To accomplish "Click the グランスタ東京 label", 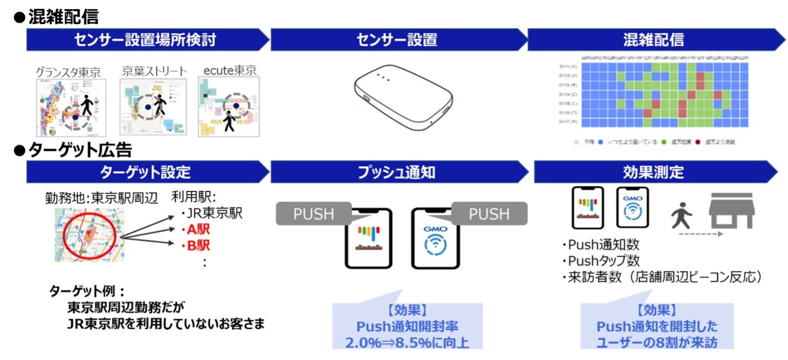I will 68,72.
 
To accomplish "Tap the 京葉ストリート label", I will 154,71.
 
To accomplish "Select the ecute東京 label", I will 229,70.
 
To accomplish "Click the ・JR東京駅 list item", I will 211,213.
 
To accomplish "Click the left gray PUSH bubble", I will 313,213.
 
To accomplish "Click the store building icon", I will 731,211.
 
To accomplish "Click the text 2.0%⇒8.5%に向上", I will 407,342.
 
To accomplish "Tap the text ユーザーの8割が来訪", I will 657,342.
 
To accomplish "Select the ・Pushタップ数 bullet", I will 600,261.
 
